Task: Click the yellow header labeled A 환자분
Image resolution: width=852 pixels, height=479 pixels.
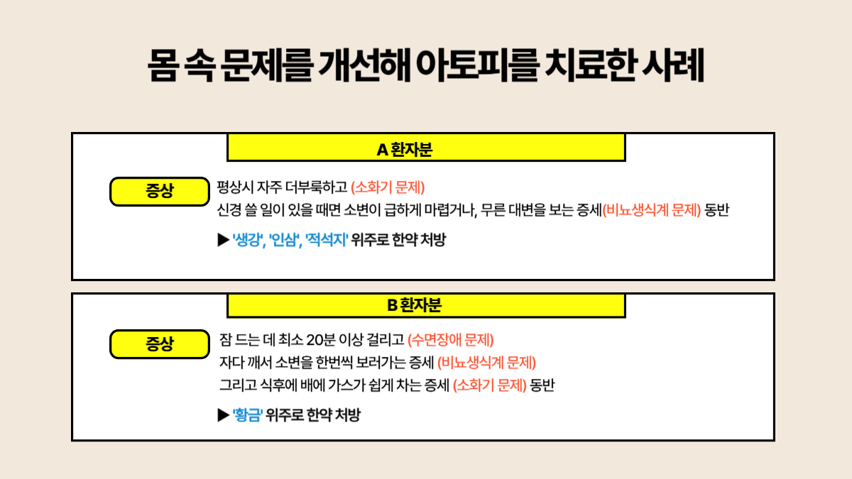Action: pyautogui.click(x=426, y=149)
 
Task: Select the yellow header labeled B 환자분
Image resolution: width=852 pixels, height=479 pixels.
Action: pyautogui.click(x=426, y=305)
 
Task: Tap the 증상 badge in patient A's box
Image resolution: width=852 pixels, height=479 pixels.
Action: pyautogui.click(x=160, y=190)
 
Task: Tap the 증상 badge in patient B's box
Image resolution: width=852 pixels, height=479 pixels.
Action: pyautogui.click(x=160, y=345)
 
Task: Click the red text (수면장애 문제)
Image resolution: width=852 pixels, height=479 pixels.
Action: pyautogui.click(x=451, y=339)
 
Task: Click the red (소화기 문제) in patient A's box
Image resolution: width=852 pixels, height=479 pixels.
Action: pyautogui.click(x=388, y=188)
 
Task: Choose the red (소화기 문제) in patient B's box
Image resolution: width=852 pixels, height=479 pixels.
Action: pyautogui.click(x=490, y=386)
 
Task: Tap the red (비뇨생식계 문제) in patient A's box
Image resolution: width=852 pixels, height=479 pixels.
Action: pyautogui.click(x=652, y=211)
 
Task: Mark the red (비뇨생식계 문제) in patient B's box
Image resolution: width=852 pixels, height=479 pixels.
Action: pyautogui.click(x=486, y=363)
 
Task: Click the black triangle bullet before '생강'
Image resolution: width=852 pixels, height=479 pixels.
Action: pyautogui.click(x=223, y=240)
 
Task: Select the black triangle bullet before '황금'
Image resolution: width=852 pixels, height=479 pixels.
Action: pyautogui.click(x=223, y=415)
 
